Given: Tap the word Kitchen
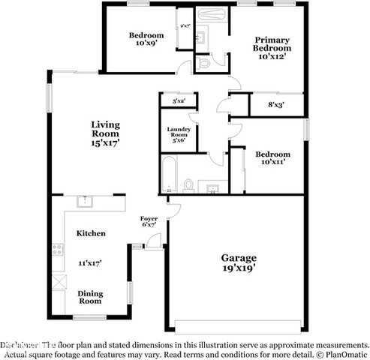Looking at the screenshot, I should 91,233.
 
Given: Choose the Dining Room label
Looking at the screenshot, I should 91,297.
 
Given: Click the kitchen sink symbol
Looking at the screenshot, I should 84,201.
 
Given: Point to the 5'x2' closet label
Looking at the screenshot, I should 179,100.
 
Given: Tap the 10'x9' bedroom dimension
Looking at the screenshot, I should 146,44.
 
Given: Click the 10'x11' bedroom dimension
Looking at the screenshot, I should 273,160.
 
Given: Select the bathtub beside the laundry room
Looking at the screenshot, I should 169,176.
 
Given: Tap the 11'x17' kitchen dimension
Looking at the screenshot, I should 91,262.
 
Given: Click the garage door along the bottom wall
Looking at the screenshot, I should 237,325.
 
